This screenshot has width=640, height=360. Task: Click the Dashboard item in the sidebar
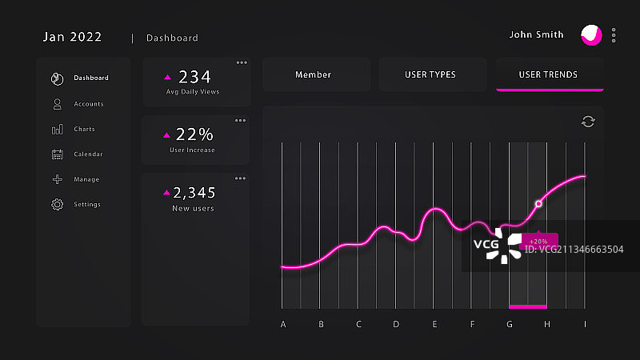click(x=90, y=78)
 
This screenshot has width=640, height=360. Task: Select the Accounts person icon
click(x=58, y=104)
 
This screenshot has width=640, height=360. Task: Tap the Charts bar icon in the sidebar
click(x=58, y=130)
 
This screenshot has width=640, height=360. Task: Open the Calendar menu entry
click(x=88, y=154)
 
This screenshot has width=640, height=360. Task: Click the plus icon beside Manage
click(x=58, y=180)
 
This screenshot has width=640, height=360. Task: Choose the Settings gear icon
click(x=58, y=205)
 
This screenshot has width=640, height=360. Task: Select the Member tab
click(x=313, y=75)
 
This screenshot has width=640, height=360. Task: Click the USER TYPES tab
click(x=430, y=75)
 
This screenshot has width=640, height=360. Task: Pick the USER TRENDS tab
click(x=548, y=75)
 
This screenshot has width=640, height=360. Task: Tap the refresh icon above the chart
click(x=588, y=122)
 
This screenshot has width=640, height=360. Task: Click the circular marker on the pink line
click(x=538, y=204)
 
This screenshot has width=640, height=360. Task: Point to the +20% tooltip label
click(x=538, y=241)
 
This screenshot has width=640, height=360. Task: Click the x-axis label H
click(x=547, y=325)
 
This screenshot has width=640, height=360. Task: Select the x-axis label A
click(x=283, y=325)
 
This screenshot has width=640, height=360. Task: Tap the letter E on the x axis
click(x=434, y=325)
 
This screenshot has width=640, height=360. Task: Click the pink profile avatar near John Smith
click(x=591, y=35)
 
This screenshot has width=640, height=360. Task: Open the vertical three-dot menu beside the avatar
click(x=614, y=35)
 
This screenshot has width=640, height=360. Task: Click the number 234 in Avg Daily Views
click(x=194, y=77)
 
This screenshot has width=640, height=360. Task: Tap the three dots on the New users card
click(x=240, y=178)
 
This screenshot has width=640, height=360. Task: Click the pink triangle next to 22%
click(x=168, y=134)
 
